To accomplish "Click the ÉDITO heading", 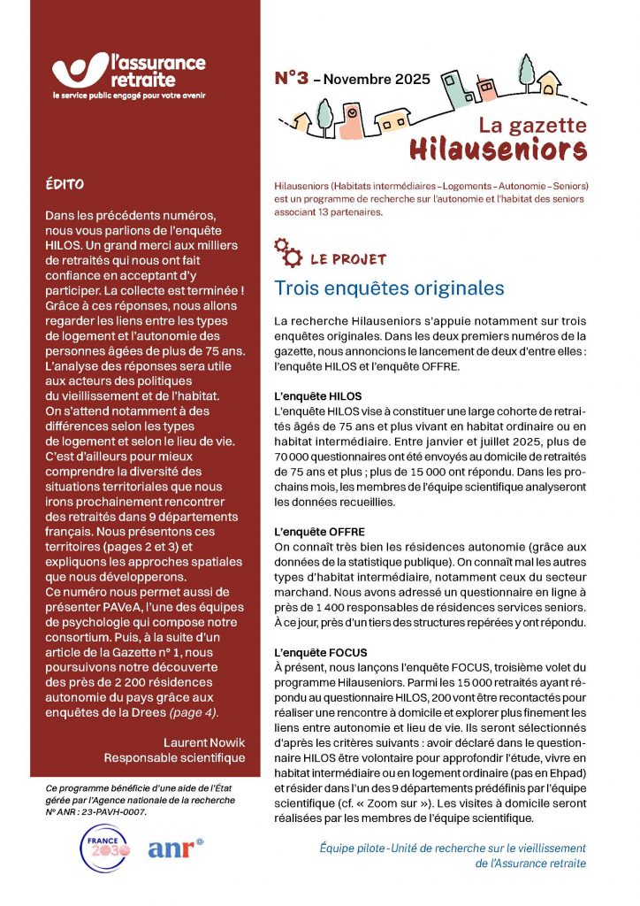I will pos(65,186).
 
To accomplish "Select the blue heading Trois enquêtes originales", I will pos(389,288).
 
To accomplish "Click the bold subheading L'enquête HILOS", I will pos(318,395).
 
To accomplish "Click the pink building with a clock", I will pos(351,118).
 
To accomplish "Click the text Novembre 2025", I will pos(377,80).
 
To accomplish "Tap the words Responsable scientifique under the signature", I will pos(174,757).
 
